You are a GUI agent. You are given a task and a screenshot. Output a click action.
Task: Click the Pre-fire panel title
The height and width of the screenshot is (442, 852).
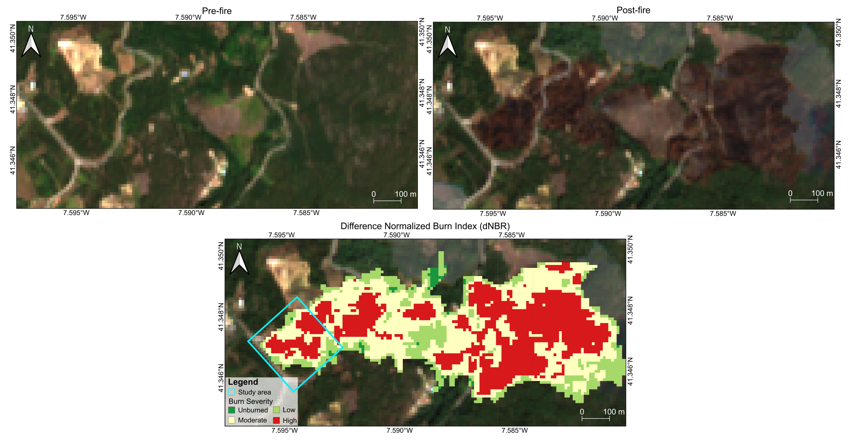[x=217, y=11]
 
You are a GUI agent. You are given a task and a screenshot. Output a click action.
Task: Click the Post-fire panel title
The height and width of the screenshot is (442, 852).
[x=633, y=10]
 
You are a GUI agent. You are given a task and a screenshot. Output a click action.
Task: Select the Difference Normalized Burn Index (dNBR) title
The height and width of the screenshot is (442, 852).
[x=425, y=226]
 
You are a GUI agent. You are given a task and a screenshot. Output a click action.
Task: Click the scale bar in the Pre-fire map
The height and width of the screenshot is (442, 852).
[x=387, y=200]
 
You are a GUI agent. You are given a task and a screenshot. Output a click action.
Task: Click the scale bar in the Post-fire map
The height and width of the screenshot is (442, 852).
[x=804, y=200]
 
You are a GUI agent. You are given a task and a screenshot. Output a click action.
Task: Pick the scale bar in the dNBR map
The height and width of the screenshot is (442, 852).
[x=595, y=418]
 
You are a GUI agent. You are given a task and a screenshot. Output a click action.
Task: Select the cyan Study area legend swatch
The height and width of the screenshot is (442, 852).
[x=232, y=392]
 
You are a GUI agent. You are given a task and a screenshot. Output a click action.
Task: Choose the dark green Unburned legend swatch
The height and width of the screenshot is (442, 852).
[x=232, y=410]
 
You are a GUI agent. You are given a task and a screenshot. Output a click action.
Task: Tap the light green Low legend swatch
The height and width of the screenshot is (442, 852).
[x=276, y=410]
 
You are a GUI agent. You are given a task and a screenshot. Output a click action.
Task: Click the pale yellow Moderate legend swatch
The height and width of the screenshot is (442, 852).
[x=232, y=420]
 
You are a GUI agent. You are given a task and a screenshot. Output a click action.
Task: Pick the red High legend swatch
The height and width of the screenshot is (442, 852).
[x=276, y=420]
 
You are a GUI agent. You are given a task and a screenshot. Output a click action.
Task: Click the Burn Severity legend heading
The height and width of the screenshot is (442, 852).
[x=250, y=401]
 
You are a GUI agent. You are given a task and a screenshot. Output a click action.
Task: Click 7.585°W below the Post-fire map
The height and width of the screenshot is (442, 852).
[x=723, y=213]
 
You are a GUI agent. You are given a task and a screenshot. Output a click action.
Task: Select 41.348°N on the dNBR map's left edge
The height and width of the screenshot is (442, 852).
[x=221, y=317]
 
